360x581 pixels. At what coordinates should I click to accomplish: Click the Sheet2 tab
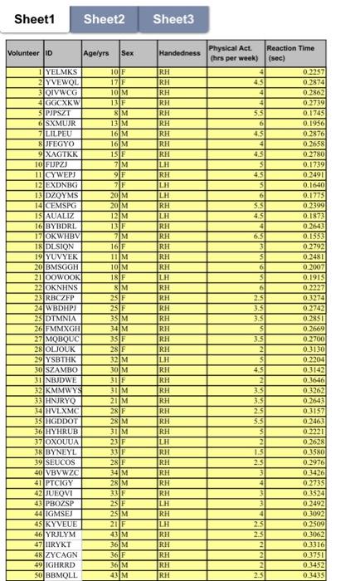[x=105, y=18]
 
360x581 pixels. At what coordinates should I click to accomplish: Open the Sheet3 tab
[x=173, y=18]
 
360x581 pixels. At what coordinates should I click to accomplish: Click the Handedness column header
[x=180, y=53]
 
